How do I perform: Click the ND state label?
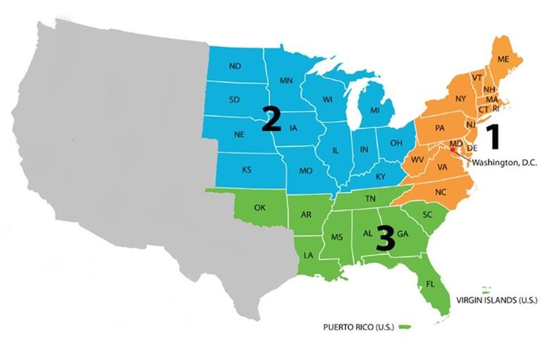point(236,66)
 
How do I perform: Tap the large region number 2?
point(271,118)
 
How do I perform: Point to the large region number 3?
point(386,238)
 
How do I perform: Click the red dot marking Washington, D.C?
point(452,149)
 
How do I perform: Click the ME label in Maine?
point(503,60)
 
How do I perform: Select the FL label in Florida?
point(429,285)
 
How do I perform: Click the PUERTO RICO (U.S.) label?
point(357,327)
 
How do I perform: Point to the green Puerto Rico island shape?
point(405,326)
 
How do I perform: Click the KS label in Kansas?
point(247,170)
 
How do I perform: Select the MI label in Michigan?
point(375,111)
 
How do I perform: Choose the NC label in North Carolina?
point(441,192)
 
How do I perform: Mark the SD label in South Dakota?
point(235,99)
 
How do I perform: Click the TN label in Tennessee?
point(370,199)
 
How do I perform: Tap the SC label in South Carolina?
point(427,214)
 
